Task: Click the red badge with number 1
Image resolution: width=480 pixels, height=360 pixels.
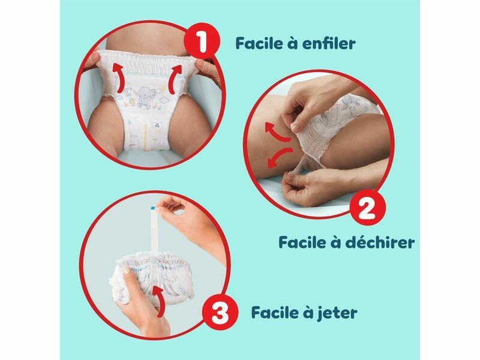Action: tap(202, 42)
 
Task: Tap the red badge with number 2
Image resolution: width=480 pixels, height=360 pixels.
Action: tap(368, 207)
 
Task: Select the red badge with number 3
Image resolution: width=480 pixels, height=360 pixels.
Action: tap(220, 313)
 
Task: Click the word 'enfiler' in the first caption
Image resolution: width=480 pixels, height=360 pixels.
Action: tap(328, 43)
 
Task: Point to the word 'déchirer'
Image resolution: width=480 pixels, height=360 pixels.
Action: tap(380, 242)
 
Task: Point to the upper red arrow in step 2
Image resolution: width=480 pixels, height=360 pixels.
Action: tap(277, 132)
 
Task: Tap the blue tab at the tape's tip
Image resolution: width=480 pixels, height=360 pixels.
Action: tap(152, 208)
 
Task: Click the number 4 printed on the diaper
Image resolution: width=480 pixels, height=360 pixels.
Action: tap(157, 125)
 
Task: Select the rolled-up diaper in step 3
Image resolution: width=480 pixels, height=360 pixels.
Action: tap(152, 275)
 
